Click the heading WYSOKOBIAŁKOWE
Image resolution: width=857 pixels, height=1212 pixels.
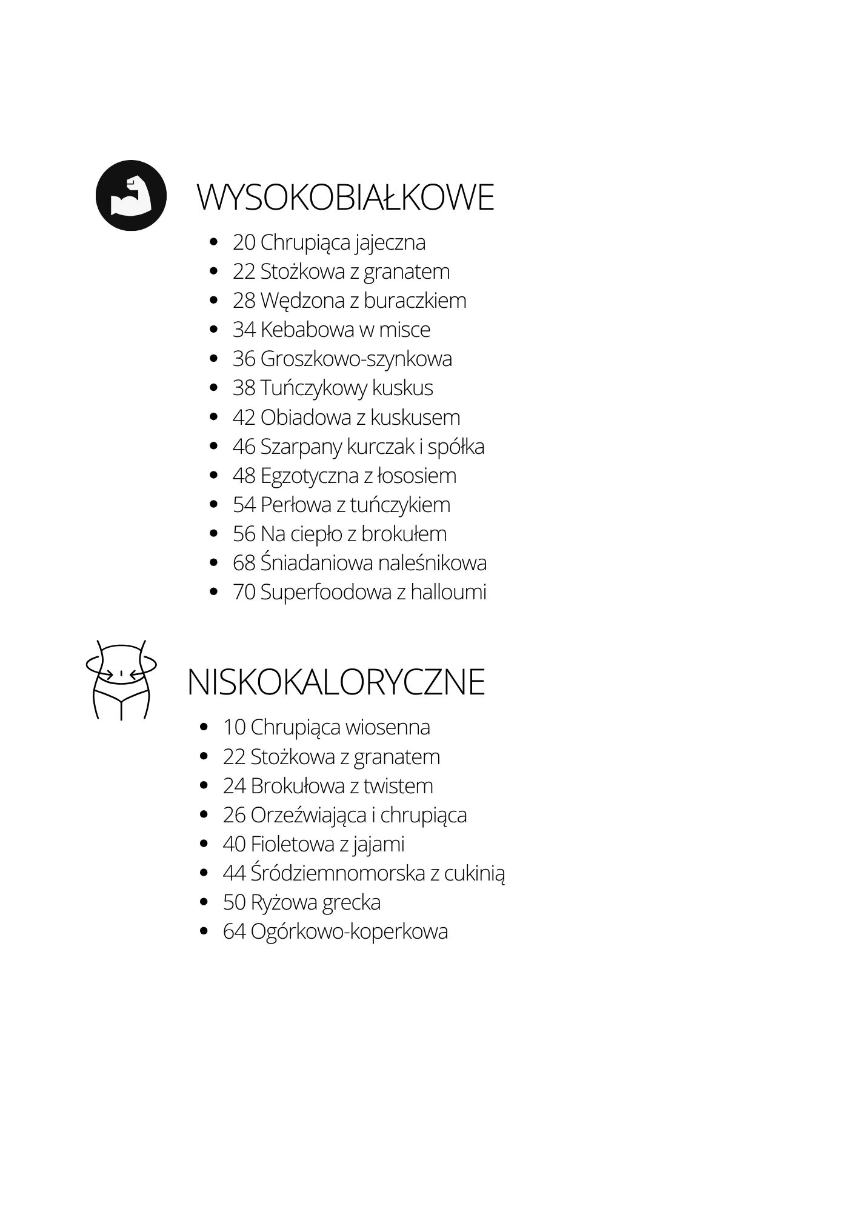coord(345,198)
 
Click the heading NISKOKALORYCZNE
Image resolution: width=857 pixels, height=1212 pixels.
coord(336,682)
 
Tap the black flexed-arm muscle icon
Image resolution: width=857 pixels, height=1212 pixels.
coord(131,195)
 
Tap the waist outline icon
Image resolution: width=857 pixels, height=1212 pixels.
coord(121,679)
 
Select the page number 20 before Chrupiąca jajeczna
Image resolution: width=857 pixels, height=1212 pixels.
coord(244,242)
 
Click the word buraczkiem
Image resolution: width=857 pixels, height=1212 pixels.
coord(415,301)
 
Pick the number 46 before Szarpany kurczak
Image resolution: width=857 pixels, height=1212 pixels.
coord(244,447)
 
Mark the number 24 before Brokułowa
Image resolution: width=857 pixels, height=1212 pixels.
coord(234,786)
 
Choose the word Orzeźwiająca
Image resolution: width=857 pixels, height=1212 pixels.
coord(308,816)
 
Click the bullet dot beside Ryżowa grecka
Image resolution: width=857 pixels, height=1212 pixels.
coord(204,902)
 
